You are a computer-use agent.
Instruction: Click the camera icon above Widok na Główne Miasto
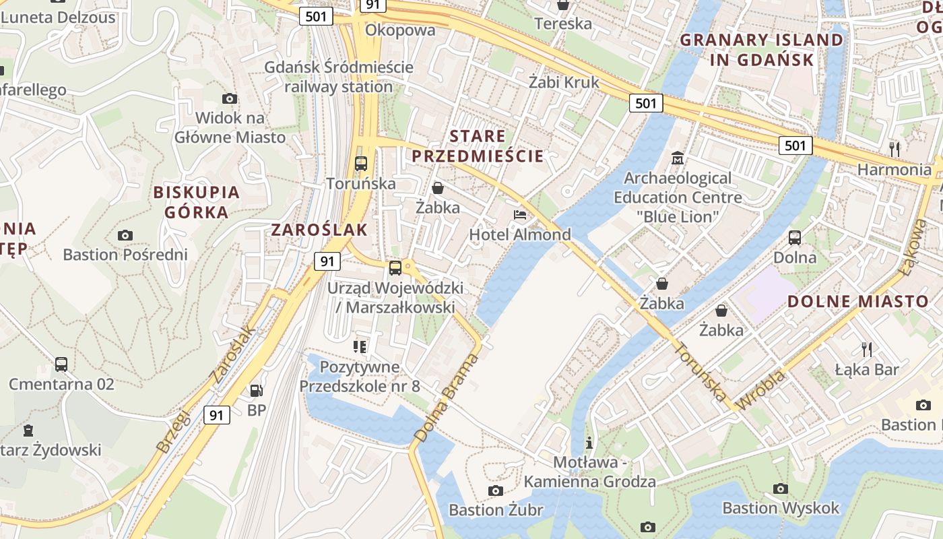coord(230,98)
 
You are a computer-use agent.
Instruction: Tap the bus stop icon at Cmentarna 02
coord(61,364)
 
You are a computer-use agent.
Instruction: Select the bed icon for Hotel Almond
coord(520,215)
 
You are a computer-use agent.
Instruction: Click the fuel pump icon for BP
coord(257,390)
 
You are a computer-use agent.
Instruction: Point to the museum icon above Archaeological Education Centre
coord(678,159)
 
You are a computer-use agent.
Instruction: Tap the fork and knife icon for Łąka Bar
coord(867,349)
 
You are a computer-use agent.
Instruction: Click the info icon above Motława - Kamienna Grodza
coord(589,443)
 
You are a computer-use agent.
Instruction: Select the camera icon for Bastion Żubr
coord(496,490)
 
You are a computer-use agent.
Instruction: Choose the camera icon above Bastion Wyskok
coord(781,488)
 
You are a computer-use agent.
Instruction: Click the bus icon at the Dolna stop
coord(795,237)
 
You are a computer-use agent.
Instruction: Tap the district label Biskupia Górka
coord(197,202)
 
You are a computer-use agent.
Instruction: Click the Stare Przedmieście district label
coord(478,146)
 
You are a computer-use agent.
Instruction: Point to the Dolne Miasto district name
coord(858,301)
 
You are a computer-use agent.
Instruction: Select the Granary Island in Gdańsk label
coord(761,50)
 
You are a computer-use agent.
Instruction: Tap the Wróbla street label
coord(760,391)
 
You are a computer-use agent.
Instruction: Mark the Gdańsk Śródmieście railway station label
coord(339,77)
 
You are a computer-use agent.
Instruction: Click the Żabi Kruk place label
coord(564,82)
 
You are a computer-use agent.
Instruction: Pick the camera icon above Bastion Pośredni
coord(125,235)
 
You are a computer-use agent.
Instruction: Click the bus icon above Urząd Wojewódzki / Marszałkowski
coord(395,268)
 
